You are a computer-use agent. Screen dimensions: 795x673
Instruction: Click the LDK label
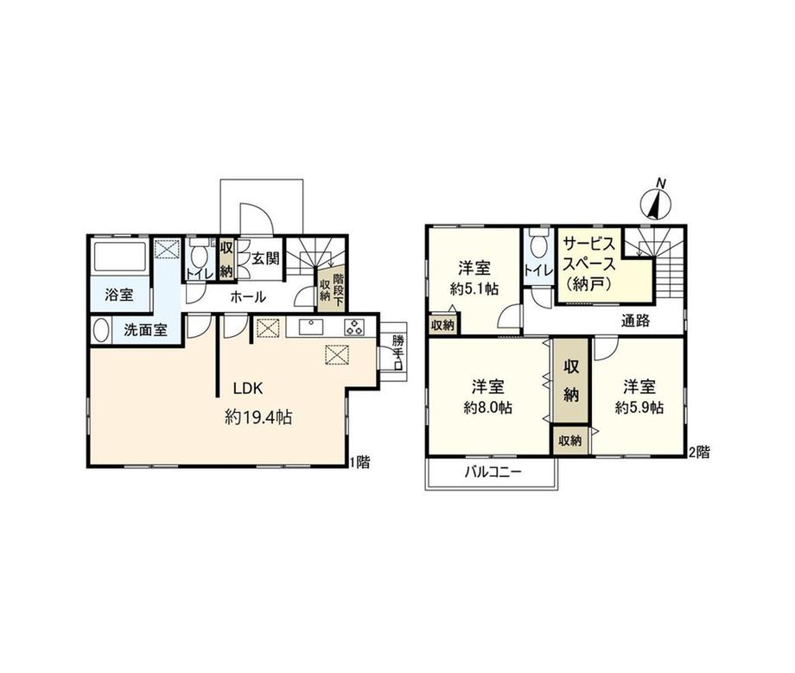coord(248,389)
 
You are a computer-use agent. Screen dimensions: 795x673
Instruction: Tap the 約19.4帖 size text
coord(258,417)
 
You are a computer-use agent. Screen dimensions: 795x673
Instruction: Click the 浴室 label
coord(119,295)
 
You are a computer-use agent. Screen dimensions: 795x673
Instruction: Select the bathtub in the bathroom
coord(119,257)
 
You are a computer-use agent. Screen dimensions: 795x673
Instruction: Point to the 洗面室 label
coord(145,330)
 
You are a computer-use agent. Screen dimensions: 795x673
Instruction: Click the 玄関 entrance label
coord(265,258)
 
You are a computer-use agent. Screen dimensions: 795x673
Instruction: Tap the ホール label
coord(248,297)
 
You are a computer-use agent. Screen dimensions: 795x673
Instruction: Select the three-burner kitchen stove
coord(354,327)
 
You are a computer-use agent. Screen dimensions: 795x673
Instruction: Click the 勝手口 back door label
coord(397,352)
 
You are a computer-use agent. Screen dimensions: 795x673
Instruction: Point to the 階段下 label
coord(338,291)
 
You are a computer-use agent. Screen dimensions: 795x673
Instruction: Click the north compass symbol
coord(656,200)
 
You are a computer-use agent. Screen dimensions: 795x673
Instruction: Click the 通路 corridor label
coord(636,321)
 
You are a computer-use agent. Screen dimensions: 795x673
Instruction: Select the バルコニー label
coord(493,473)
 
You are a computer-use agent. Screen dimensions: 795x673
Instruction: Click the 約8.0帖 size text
coord(487,407)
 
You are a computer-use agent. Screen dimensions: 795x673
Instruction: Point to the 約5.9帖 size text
coord(639,407)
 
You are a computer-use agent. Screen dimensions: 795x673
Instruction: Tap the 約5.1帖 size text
coord(474,289)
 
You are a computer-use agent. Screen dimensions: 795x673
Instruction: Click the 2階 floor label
coord(698,452)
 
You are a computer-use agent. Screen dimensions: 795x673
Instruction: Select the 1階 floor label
coord(359,462)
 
